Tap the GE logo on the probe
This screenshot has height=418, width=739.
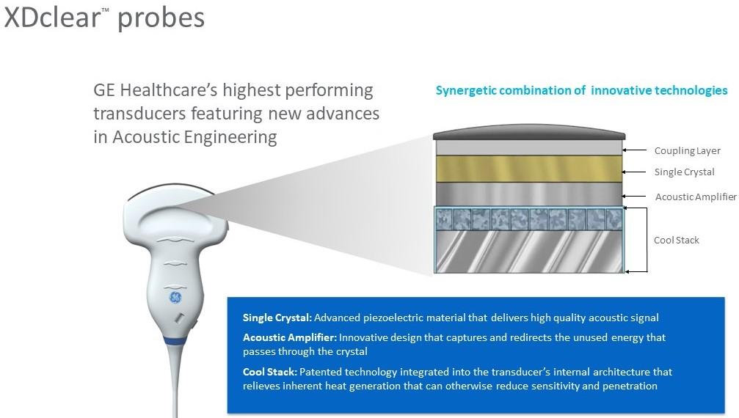click(x=175, y=297)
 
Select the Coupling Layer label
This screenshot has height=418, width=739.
click(x=687, y=151)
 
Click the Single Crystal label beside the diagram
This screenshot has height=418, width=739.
click(x=684, y=172)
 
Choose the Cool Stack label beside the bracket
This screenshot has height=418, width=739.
click(x=676, y=240)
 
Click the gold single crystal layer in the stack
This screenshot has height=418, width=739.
click(x=529, y=169)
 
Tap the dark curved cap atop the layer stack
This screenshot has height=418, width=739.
click(x=529, y=132)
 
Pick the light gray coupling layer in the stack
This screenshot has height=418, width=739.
click(x=529, y=147)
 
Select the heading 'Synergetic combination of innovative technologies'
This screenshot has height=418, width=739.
click(x=581, y=91)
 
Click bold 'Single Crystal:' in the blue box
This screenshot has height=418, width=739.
click(x=277, y=318)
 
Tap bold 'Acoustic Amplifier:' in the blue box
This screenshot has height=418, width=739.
click(x=290, y=337)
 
